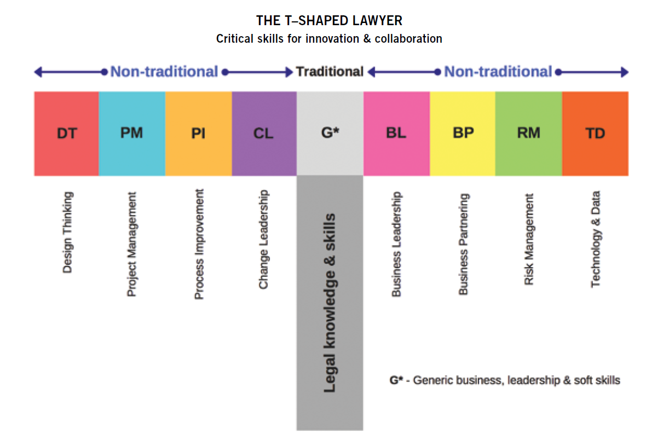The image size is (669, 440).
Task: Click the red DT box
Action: pyautogui.click(x=66, y=134)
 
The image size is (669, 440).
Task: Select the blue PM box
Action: pyautogui.click(x=132, y=134)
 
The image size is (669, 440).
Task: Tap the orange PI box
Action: pyautogui.click(x=198, y=134)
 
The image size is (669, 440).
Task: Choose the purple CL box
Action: pyautogui.click(x=264, y=134)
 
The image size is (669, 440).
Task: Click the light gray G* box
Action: pyautogui.click(x=330, y=134)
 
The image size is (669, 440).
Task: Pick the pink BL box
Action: pyautogui.click(x=396, y=134)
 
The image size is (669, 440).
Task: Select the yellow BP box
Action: pyautogui.click(x=463, y=134)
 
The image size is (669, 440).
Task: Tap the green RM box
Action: pyautogui.click(x=528, y=134)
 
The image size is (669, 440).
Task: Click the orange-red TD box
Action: pyautogui.click(x=595, y=134)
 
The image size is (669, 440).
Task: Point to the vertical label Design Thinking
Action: pyautogui.click(x=67, y=232)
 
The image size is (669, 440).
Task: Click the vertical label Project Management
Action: pyautogui.click(x=131, y=244)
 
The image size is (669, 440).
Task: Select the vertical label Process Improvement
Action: pyautogui.click(x=199, y=244)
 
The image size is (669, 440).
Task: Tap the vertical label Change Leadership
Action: pyautogui.click(x=264, y=239)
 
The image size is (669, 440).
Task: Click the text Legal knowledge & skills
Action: pyautogui.click(x=330, y=303)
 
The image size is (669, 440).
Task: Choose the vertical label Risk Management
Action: pyautogui.click(x=529, y=239)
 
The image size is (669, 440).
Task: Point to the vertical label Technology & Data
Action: pyautogui.click(x=596, y=239)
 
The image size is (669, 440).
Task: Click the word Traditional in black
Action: pyautogui.click(x=330, y=72)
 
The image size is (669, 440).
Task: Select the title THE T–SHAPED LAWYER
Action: pyautogui.click(x=329, y=21)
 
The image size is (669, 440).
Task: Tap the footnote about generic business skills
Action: pyautogui.click(x=505, y=380)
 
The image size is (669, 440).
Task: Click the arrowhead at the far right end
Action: pyautogui.click(x=625, y=72)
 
